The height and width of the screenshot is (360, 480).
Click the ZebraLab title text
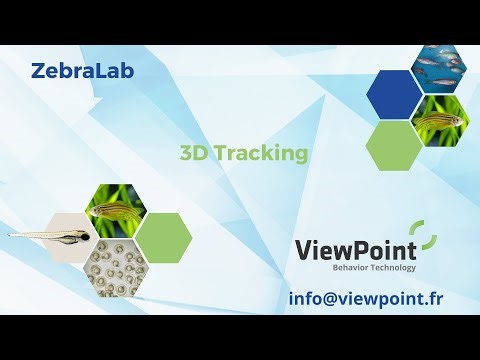[82, 70]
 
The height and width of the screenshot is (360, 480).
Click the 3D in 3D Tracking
[191, 153]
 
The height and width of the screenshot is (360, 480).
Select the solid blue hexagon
[394, 93]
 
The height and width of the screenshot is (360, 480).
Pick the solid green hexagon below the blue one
[394, 145]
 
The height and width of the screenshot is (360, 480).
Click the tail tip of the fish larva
[10, 236]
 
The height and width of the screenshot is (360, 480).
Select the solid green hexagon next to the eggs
[163, 237]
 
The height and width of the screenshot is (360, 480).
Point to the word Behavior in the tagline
[351, 268]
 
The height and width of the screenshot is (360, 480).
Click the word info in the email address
[306, 297]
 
